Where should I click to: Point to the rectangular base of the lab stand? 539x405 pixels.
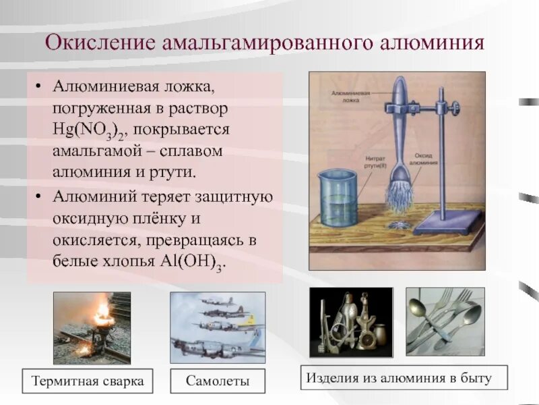click(448, 221)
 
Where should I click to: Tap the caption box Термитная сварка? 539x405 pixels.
click(88, 381)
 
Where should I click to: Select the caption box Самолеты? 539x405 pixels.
click(218, 381)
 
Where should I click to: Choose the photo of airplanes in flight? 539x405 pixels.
click(217, 327)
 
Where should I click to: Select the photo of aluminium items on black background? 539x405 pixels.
click(350, 322)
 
